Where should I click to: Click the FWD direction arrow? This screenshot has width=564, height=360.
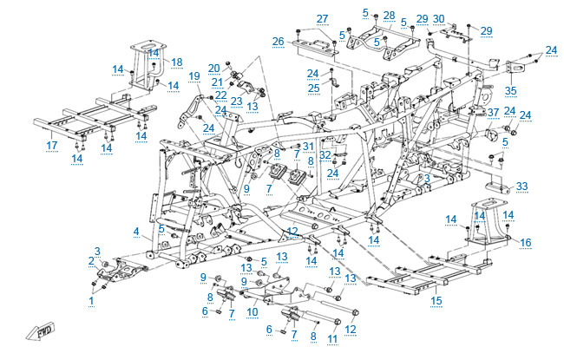pos(40,331)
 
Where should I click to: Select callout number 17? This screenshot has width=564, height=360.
pos(52,145)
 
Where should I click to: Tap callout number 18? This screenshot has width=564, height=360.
pos(177,62)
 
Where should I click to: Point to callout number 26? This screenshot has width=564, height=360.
pos(278,42)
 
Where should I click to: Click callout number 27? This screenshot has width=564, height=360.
pos(322,19)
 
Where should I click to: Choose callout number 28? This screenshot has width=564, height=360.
pos(390,16)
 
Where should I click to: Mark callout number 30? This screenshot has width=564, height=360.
pos(438,19)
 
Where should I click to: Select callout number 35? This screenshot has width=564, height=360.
pos(511,90)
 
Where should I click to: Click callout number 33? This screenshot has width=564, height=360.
pos(521,187)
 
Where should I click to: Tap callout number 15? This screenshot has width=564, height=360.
pos(436,301)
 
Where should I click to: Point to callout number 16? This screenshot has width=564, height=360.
pos(526,242)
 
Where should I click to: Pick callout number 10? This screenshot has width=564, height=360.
pos(252,311)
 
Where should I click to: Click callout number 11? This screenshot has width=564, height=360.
pos(332,339)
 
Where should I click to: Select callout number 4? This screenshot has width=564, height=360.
pos(136,232)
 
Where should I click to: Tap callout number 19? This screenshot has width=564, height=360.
pos(194,76)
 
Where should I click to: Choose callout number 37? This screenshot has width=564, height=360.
pos(494,113)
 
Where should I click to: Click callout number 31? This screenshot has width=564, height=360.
pos(308,147)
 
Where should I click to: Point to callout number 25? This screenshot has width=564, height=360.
pos(313,88)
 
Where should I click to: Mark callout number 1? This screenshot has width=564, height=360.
pos(91,301)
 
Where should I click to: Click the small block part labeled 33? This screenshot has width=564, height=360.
pos(497,188)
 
